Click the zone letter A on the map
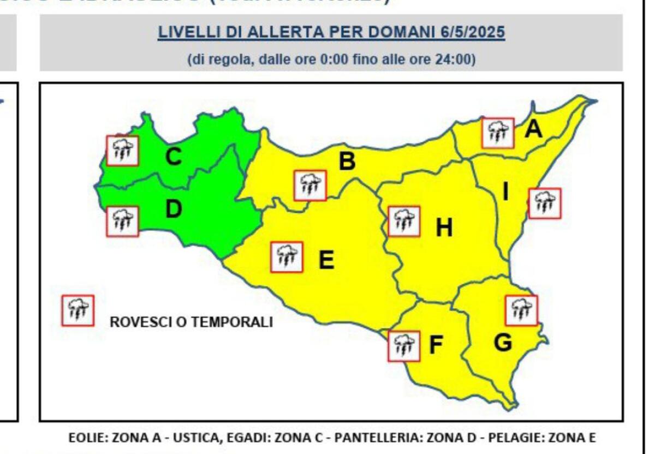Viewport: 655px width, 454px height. point(533,129)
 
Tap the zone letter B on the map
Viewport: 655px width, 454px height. point(347,162)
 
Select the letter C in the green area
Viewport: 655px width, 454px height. point(173,157)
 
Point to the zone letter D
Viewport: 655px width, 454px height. point(173,209)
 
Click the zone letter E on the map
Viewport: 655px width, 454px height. point(326,260)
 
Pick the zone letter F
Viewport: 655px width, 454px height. point(435,345)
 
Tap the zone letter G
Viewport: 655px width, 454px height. point(503,343)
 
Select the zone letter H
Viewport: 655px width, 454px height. point(444,228)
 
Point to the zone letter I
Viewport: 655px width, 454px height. point(505,192)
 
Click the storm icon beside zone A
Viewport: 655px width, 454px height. point(497,133)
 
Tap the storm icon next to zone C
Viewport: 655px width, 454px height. point(122,150)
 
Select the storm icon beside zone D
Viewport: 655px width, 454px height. point(122,221)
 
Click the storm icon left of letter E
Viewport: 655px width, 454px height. point(287,257)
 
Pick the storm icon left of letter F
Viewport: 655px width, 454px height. point(404,346)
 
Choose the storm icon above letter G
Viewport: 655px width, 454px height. point(521,310)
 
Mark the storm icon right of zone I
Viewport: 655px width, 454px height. point(544,204)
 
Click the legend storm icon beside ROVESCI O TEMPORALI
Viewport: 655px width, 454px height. point(78,310)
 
